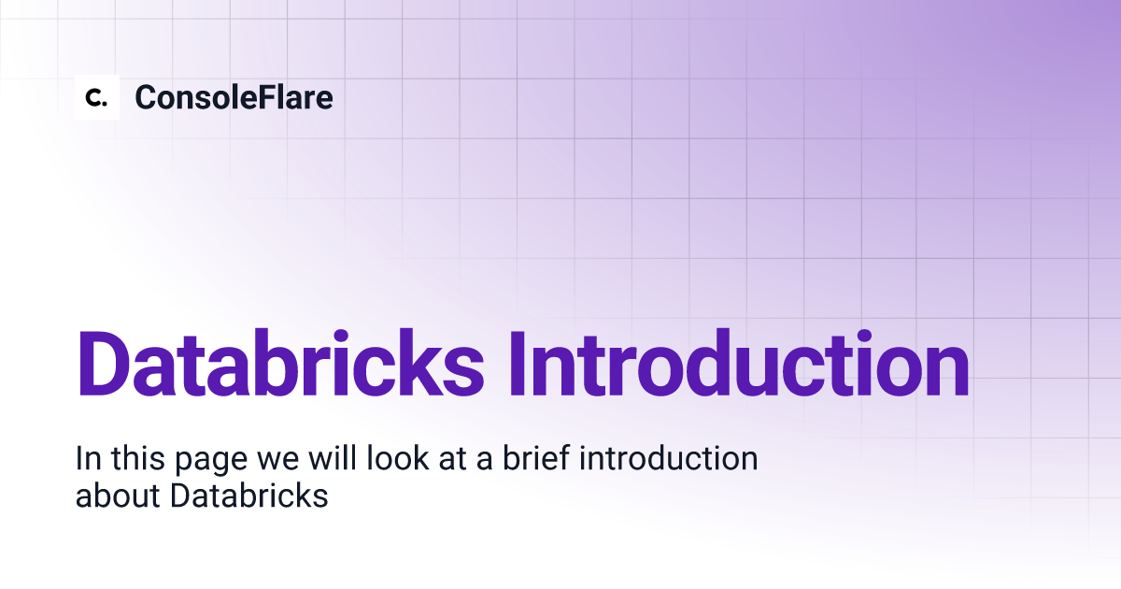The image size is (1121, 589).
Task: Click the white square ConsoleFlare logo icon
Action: tap(97, 97)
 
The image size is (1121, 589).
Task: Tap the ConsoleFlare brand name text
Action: tap(234, 97)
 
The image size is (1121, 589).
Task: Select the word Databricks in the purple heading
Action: tap(280, 363)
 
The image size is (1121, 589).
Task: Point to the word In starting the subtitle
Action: tap(87, 460)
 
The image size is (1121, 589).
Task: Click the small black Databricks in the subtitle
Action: tap(249, 496)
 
